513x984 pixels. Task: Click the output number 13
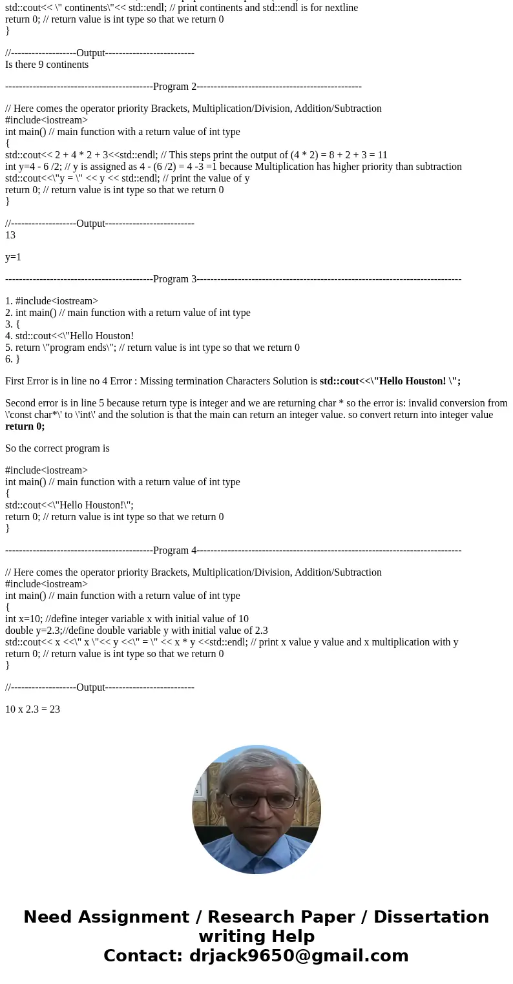click(x=10, y=235)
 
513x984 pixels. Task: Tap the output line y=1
click(x=13, y=257)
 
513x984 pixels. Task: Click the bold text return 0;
click(x=25, y=426)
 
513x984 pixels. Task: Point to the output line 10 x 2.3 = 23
click(x=32, y=709)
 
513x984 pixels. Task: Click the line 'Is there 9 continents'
click(x=47, y=65)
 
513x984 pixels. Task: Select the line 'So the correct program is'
click(x=57, y=448)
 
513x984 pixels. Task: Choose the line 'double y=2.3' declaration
click(x=136, y=631)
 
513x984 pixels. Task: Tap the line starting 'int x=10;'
click(x=127, y=619)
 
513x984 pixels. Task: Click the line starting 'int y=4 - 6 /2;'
click(x=233, y=167)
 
